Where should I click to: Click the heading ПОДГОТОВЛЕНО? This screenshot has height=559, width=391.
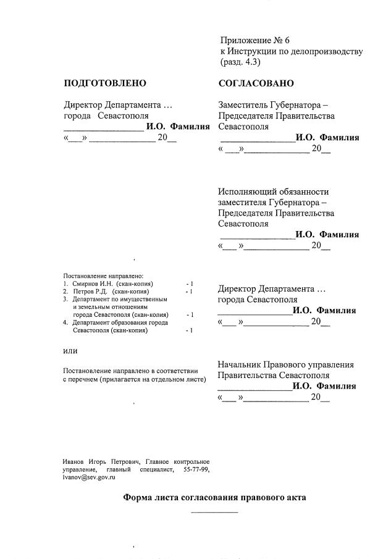(x=104, y=83)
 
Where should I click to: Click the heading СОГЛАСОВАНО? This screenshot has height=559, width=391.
(x=256, y=83)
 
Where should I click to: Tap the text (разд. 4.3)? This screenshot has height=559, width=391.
(x=241, y=62)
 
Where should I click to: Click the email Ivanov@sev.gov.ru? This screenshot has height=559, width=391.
(x=90, y=477)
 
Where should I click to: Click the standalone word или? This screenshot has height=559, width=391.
(x=71, y=351)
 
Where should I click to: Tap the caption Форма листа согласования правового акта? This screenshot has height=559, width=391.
(x=214, y=497)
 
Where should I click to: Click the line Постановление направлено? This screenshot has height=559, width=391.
(x=103, y=275)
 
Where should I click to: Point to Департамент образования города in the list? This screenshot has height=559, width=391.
(x=120, y=322)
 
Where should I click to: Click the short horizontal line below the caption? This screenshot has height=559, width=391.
(x=214, y=512)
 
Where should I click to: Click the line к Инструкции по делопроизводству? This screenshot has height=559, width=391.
(x=291, y=51)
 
